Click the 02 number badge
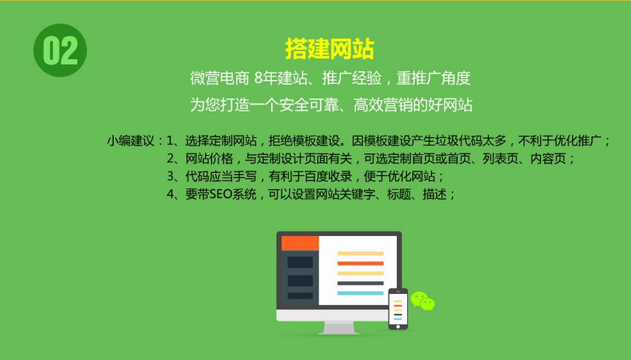click(60, 51)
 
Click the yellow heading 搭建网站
click(330, 49)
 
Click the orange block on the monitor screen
click(300, 243)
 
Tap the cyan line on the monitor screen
click(360, 293)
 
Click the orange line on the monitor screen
click(360, 263)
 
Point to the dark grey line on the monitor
click(360, 283)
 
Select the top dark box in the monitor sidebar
click(300, 262)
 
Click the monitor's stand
click(338, 327)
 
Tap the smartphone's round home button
click(398, 325)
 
